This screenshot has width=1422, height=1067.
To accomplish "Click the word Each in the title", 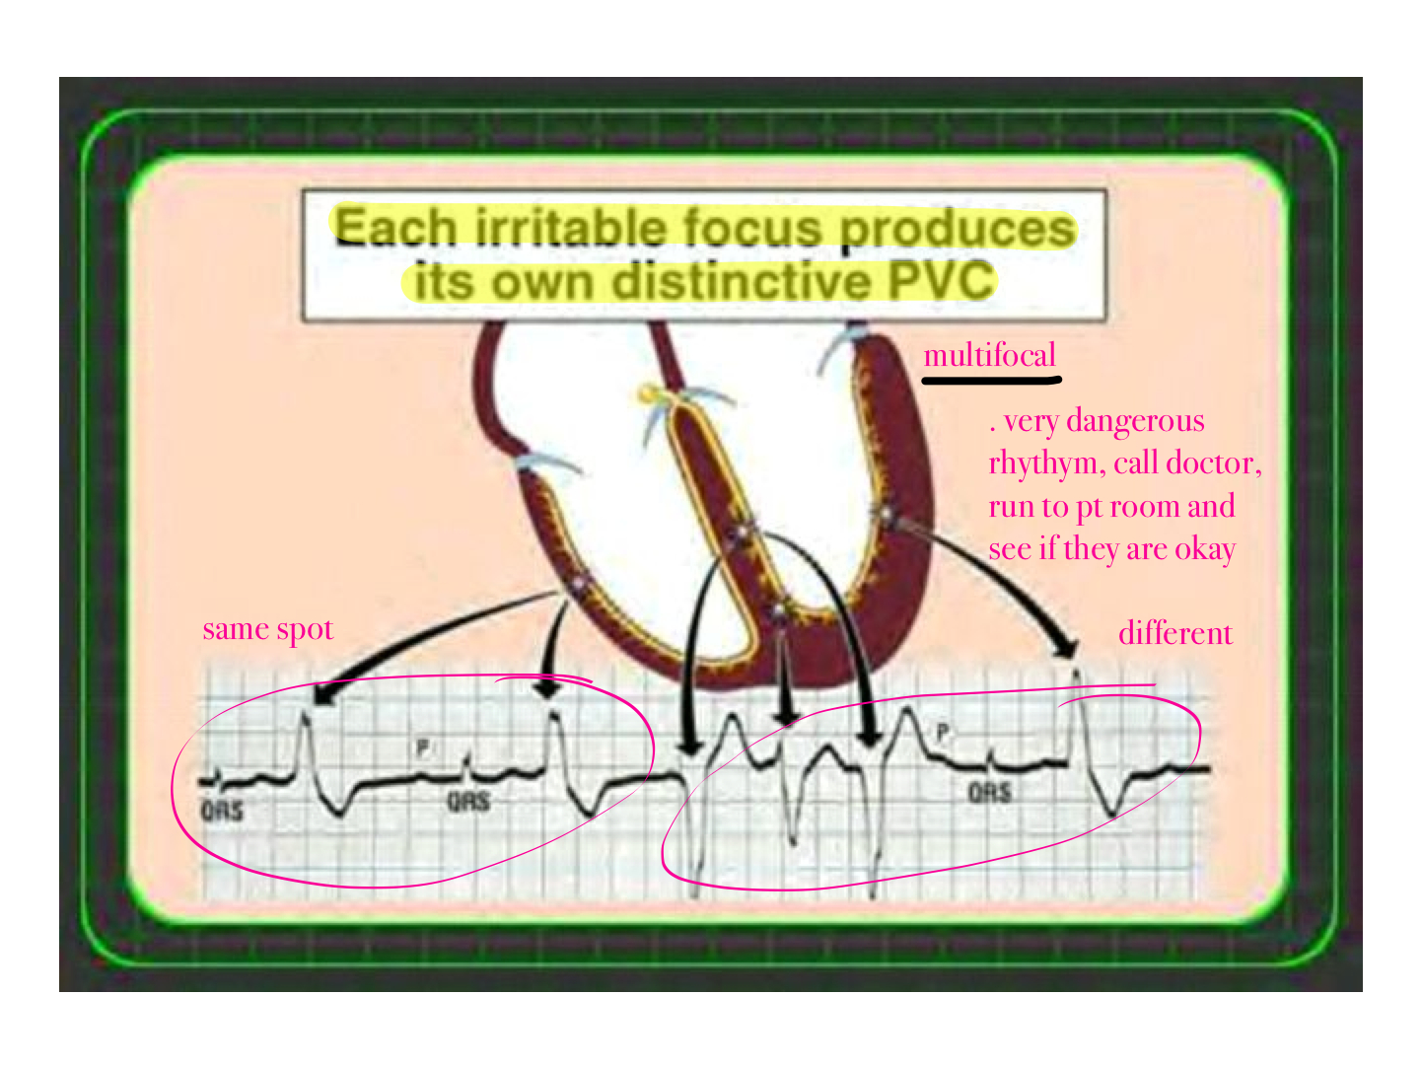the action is [396, 228].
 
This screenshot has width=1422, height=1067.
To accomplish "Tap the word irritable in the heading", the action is [569, 227].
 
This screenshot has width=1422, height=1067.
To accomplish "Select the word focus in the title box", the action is [751, 228].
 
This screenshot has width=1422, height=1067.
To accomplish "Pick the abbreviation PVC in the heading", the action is [940, 280].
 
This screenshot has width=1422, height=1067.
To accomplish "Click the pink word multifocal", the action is [989, 356].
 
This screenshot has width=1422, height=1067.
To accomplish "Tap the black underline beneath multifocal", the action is [991, 381].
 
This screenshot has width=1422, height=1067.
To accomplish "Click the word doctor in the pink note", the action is [1213, 463].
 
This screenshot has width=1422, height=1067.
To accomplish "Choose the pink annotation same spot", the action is [268, 630].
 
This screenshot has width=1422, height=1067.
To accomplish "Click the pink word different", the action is [1175, 633].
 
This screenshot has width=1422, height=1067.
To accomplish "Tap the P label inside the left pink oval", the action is [422, 748].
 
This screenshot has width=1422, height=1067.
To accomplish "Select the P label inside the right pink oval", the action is [943, 733].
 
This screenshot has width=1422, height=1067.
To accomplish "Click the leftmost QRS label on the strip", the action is [222, 811].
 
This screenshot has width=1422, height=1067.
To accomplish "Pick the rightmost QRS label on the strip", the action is [989, 792].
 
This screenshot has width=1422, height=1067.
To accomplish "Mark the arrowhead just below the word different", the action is [1065, 648].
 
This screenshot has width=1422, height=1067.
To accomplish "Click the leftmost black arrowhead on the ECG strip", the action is [322, 693].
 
